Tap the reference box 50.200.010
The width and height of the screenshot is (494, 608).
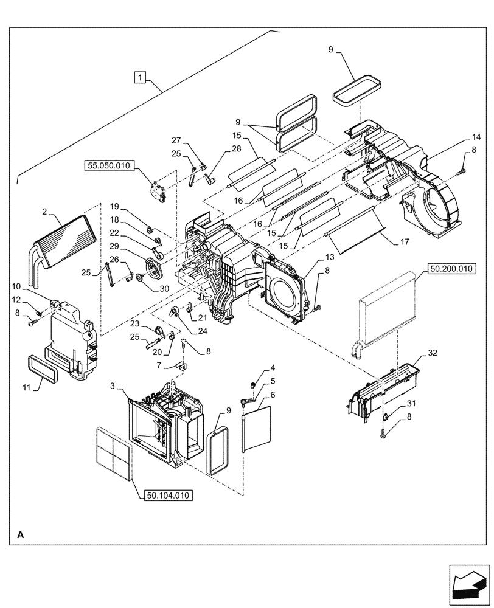pyautogui.click(x=454, y=268)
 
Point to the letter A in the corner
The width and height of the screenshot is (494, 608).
pyautogui.click(x=21, y=534)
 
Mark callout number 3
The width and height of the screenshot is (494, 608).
pyautogui.click(x=114, y=387)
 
